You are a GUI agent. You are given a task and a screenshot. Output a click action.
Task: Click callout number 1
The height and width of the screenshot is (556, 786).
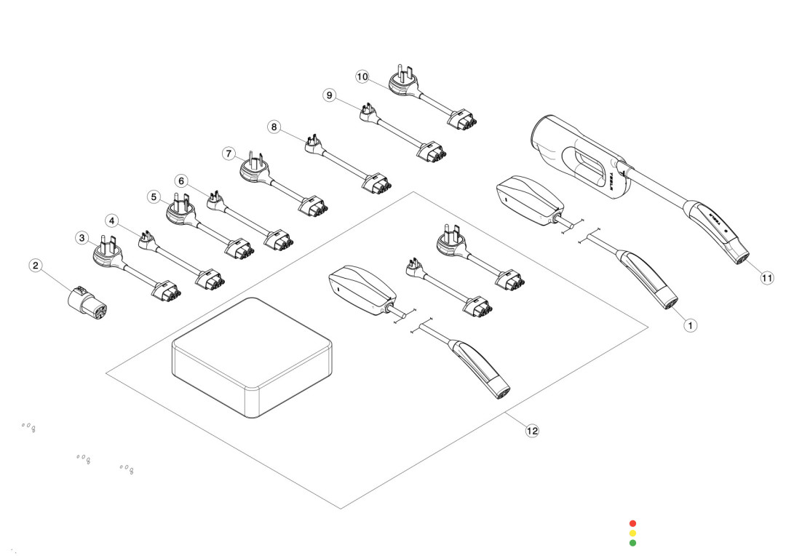(x=691, y=326)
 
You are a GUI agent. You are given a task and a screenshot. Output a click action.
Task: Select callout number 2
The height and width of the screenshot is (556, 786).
(x=35, y=266)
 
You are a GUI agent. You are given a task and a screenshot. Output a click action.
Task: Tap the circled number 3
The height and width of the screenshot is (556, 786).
(x=82, y=237)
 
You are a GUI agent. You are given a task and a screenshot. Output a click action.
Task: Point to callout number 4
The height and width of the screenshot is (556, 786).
(x=111, y=220)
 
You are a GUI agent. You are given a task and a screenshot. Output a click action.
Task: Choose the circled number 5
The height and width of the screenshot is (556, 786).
(x=153, y=196)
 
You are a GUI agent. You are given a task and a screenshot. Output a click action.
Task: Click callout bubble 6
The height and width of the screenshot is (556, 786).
(x=182, y=180)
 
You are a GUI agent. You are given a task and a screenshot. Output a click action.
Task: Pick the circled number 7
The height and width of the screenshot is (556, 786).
(x=229, y=154)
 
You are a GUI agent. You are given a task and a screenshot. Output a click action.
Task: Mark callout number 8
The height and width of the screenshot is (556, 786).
(x=274, y=127)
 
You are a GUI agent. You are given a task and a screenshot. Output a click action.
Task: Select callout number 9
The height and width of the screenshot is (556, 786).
(x=330, y=96)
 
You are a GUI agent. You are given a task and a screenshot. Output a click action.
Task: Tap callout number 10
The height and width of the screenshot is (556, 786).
(x=362, y=76)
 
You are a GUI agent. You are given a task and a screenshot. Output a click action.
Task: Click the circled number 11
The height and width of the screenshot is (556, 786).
(x=767, y=277)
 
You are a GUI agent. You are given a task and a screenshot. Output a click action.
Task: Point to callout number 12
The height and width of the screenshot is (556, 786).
(x=532, y=431)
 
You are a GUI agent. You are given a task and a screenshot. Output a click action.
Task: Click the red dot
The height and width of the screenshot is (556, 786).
(x=632, y=523)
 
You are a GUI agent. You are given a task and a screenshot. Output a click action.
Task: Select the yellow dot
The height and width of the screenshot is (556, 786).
(x=632, y=533)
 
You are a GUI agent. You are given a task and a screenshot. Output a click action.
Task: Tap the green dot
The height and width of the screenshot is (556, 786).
(x=632, y=542)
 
